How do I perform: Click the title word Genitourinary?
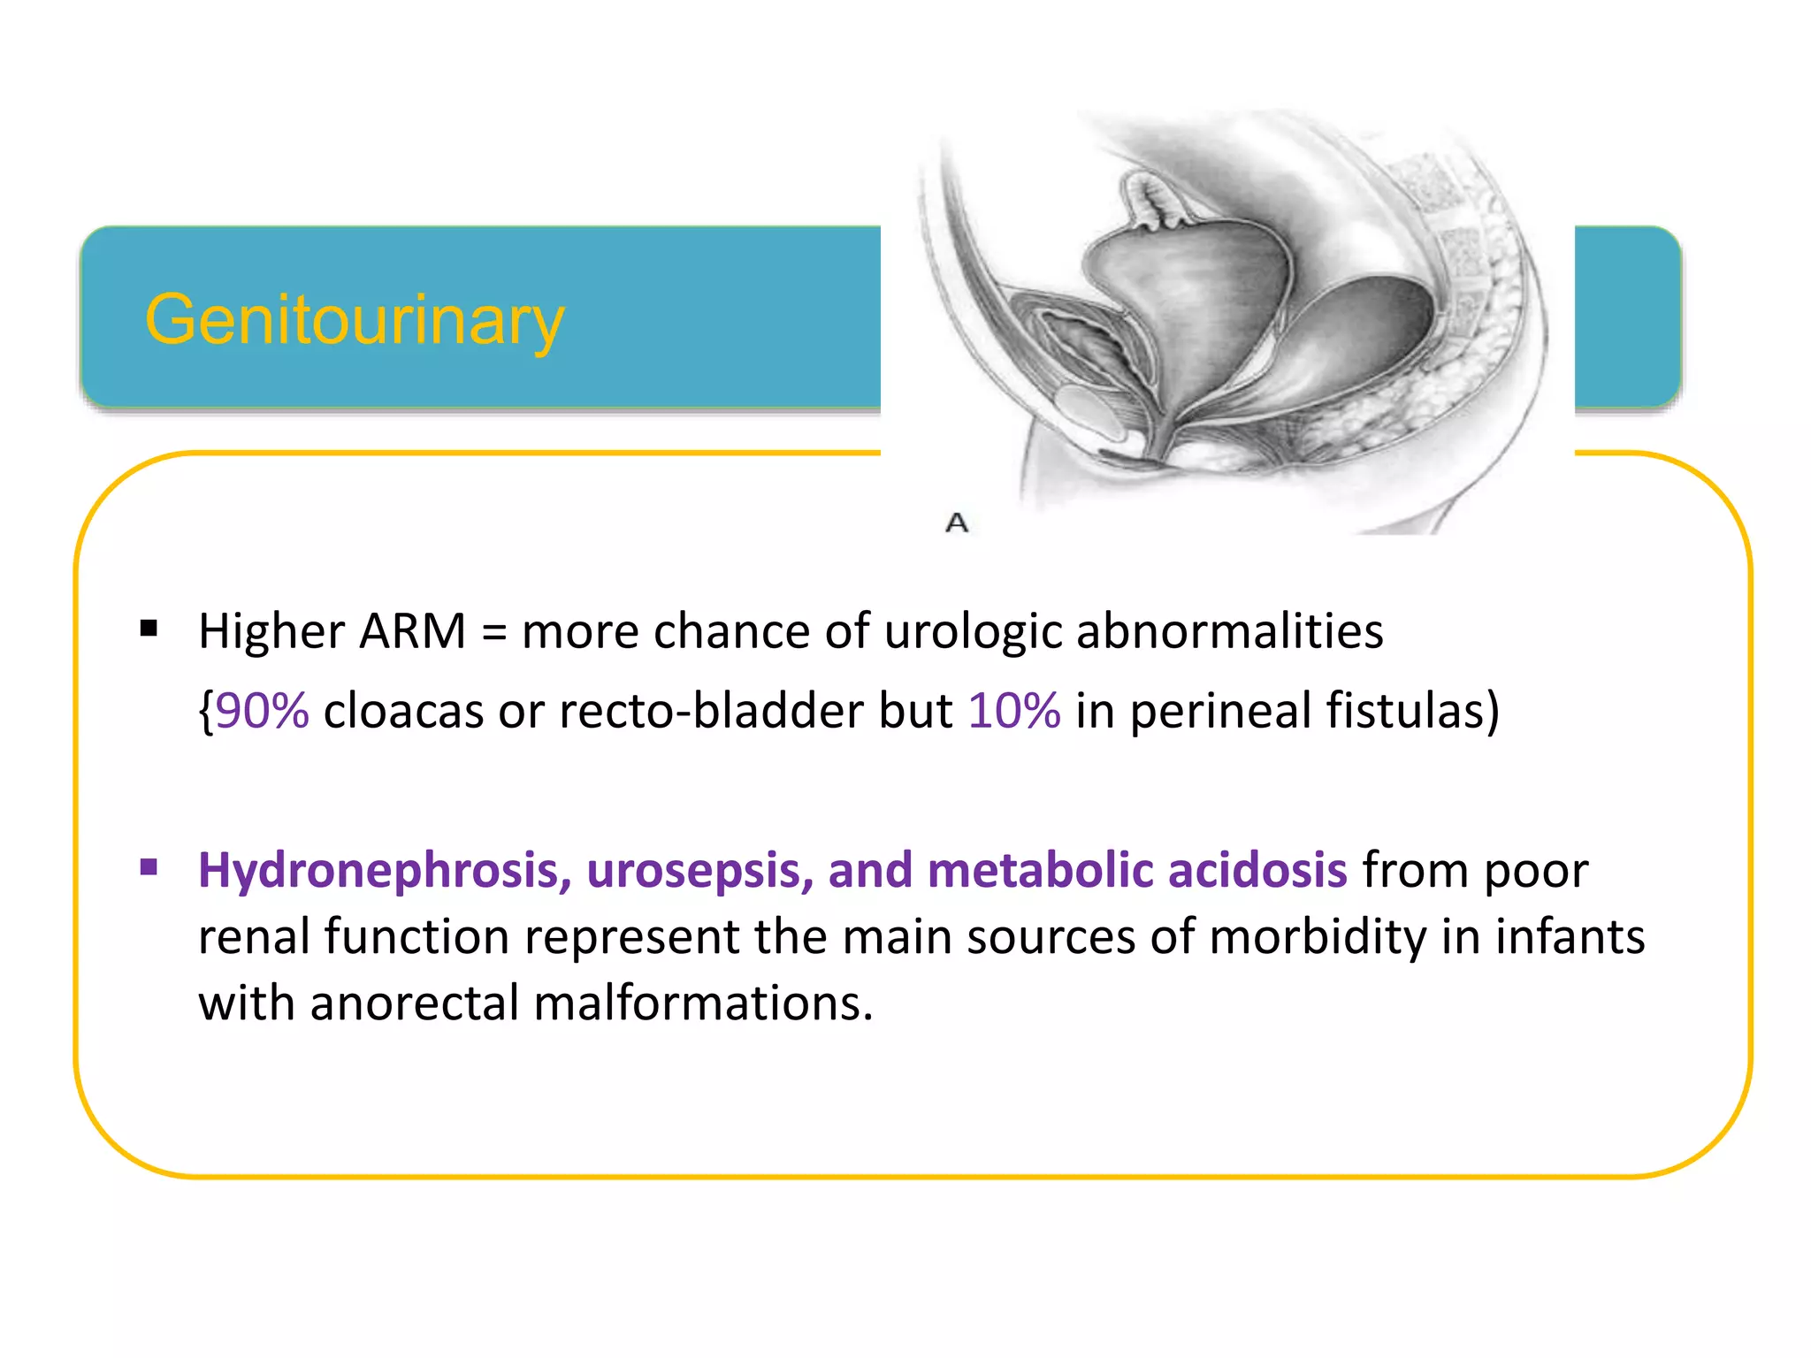coord(354,320)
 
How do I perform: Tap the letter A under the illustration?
coord(957,523)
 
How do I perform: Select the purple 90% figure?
coord(263,711)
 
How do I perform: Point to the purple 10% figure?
coord(1014,711)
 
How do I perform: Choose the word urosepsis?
coord(699,871)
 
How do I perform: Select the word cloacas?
coord(403,711)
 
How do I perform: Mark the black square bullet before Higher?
coord(149,629)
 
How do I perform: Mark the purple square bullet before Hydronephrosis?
coord(149,867)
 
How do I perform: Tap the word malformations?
coord(703,1004)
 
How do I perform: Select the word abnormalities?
coord(1229,632)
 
